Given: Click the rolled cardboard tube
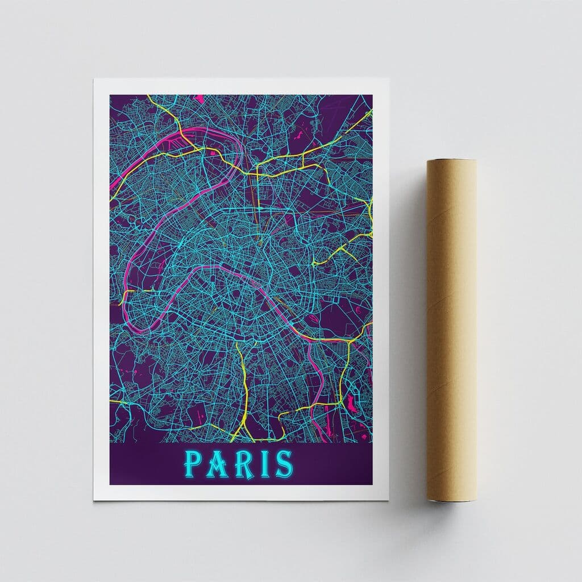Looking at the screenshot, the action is coord(452,330).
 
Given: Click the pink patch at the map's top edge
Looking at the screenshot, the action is coord(199,98).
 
